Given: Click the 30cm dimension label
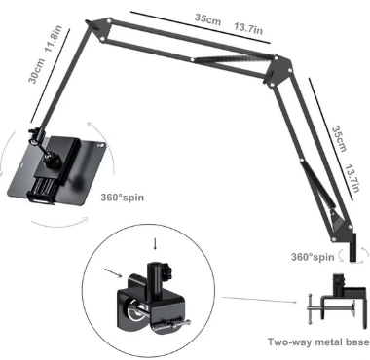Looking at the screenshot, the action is click(x=37, y=71).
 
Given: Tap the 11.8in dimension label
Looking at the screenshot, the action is click(x=53, y=38).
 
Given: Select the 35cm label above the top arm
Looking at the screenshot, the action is click(x=207, y=18).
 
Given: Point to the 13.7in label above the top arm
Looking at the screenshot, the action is click(x=248, y=28).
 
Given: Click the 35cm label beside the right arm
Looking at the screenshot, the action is click(x=340, y=139).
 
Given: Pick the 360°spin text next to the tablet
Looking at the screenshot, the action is click(x=122, y=198).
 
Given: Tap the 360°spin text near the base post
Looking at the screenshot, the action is click(x=313, y=257).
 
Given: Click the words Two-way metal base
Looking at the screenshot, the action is click(x=318, y=342).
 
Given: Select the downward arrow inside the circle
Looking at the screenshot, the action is click(x=155, y=244).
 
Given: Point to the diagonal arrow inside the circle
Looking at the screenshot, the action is click(x=113, y=273).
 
